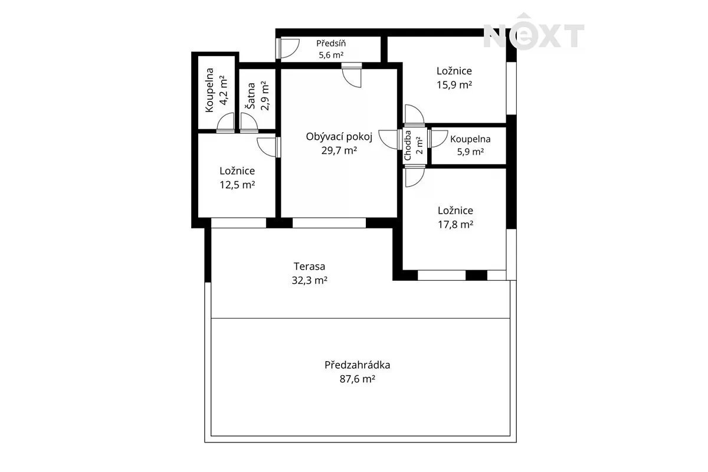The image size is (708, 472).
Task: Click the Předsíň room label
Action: tap(331, 43)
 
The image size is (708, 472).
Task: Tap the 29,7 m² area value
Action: tap(339, 150)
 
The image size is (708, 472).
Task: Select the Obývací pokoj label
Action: tap(339, 137)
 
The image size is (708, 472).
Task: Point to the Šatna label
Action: tap(251, 96)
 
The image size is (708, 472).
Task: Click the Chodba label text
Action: tap(408, 145)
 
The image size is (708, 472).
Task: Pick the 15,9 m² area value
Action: tap(454, 85)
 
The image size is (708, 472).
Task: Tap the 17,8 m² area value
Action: tap(455, 224)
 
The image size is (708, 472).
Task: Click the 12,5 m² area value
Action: tap(237, 185)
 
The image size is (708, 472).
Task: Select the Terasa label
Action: tap(309, 267)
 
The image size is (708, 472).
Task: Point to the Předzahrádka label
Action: tap(358, 365)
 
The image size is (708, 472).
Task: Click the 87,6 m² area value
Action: tap(358, 379)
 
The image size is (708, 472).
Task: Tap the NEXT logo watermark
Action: tap(534, 32)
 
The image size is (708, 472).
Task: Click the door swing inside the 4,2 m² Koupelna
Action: tap(225, 122)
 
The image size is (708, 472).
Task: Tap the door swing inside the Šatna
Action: tap(249, 122)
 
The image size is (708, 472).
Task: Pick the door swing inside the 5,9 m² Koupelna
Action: tap(437, 139)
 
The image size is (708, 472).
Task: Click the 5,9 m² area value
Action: tap(471, 152)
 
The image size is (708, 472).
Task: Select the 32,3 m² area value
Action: tap(309, 280)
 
